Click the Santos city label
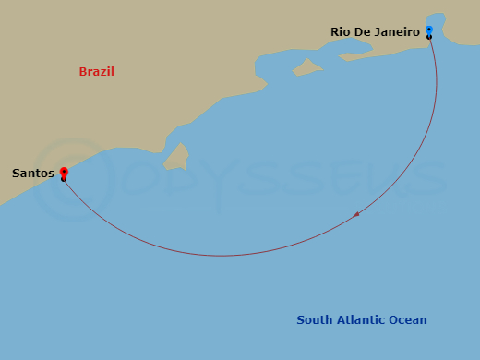(x=31, y=173)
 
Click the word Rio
(x=342, y=32)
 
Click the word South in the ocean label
(x=314, y=320)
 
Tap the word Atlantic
(x=360, y=320)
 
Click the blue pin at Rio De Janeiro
(x=429, y=30)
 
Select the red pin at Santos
(x=63, y=172)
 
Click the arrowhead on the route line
(x=357, y=214)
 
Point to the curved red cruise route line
(x=222, y=255)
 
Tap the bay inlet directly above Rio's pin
(x=436, y=20)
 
